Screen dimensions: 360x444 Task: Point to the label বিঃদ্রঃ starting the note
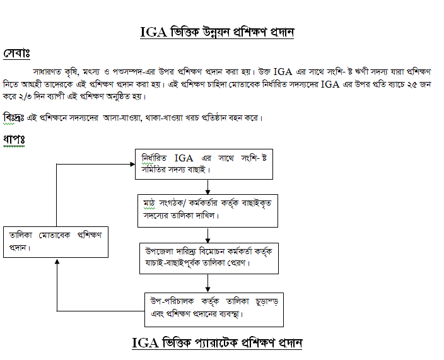[14, 118]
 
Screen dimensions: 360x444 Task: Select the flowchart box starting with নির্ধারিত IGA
[207, 163]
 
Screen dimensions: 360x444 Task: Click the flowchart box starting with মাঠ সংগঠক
[208, 210]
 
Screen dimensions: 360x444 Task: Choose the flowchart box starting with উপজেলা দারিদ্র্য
[209, 257]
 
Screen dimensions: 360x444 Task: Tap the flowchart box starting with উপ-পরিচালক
[213, 307]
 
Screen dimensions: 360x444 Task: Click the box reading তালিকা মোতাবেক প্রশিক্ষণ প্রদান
[56, 241]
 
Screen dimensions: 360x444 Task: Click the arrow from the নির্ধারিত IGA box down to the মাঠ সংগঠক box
[208, 186]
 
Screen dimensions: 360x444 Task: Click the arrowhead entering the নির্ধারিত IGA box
[132, 164]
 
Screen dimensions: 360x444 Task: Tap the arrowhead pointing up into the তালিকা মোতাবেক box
[57, 261]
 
